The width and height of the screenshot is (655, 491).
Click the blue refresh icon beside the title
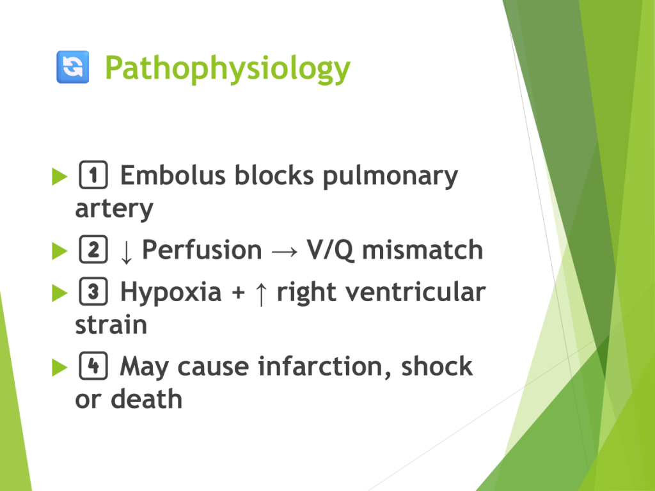click(x=73, y=66)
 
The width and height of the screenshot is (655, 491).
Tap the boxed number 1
click(x=93, y=175)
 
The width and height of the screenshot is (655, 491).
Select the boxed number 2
click(x=93, y=249)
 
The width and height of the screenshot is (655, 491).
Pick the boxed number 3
click(x=93, y=291)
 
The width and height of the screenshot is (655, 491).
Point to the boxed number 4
click(x=93, y=366)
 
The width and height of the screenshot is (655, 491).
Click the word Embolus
click(x=173, y=175)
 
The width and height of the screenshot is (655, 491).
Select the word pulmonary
click(x=390, y=177)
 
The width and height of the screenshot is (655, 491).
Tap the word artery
click(x=114, y=210)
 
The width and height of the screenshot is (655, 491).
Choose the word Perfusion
click(x=202, y=250)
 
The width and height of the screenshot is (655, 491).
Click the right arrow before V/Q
click(x=285, y=251)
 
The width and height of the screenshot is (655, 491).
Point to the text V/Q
click(x=331, y=251)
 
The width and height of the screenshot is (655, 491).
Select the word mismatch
click(x=422, y=250)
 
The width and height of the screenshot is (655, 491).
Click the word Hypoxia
click(x=171, y=293)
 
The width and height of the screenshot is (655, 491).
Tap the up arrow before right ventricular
click(x=261, y=293)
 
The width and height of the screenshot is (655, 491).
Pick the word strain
click(x=111, y=325)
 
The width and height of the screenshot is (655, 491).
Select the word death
click(x=146, y=399)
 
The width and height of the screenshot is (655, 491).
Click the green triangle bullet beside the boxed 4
click(x=59, y=368)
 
